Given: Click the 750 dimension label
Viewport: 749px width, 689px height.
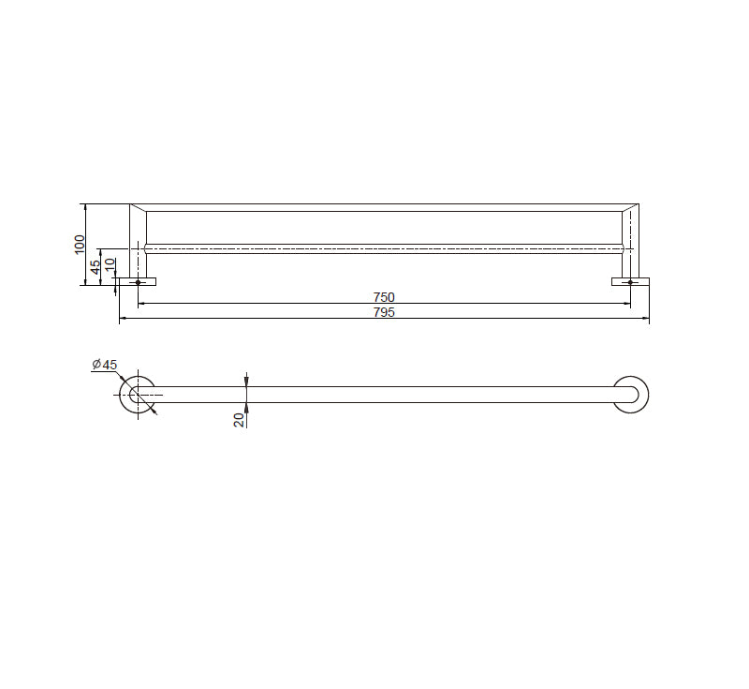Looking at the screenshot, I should click(384, 297).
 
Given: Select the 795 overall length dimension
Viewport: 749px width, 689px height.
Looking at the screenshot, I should click(384, 313).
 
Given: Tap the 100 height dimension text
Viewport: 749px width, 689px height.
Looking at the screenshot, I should click(81, 244).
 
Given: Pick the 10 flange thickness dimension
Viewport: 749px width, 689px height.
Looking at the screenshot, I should click(110, 265).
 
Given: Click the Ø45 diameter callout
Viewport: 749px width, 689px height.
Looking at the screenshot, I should click(104, 365).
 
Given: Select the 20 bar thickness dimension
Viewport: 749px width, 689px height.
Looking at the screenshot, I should click(240, 419).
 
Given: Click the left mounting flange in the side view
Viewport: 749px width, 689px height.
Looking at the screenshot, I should click(138, 281).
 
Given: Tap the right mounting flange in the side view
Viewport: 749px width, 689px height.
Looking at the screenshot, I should click(630, 281).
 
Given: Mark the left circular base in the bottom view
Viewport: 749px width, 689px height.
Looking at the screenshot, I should click(138, 395).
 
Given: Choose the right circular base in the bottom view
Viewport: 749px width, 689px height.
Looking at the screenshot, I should click(630, 395).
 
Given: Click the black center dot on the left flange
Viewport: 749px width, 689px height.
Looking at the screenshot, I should click(138, 282).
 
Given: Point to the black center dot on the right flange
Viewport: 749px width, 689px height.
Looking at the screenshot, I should click(630, 282).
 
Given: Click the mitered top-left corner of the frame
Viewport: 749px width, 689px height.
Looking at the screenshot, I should click(138, 207).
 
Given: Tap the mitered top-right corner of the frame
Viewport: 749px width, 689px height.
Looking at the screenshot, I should click(630, 207).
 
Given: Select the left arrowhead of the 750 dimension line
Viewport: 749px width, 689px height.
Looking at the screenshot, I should click(141, 304).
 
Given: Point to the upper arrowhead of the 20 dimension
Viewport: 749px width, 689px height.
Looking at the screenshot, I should click(246, 381).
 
